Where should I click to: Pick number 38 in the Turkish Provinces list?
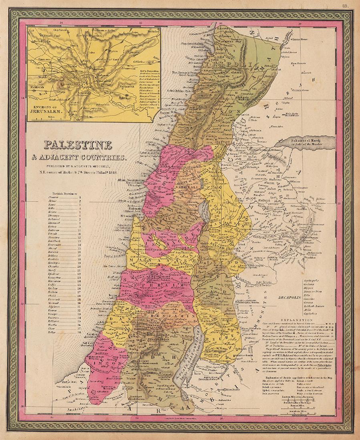(x=80, y=332)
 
